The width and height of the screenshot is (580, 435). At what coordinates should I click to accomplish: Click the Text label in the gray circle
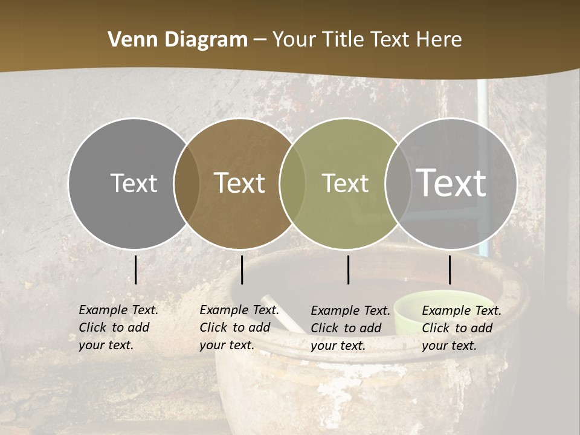[134, 183]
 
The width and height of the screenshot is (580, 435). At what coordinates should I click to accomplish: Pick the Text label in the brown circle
[240, 183]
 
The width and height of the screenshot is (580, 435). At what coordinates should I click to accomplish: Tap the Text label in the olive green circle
[345, 183]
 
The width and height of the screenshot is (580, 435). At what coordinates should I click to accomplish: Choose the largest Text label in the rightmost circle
[451, 182]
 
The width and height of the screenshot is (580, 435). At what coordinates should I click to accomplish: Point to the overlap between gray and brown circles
[187, 184]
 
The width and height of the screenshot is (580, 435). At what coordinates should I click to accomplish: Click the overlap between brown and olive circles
[292, 184]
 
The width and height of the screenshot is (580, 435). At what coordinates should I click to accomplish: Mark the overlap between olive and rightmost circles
[398, 184]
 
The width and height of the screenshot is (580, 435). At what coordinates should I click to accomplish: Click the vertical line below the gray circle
[136, 269]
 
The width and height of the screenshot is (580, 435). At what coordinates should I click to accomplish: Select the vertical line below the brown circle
[242, 269]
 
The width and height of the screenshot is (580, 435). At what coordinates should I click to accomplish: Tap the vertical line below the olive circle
[348, 269]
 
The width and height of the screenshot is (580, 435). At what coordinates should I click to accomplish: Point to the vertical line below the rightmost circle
[449, 269]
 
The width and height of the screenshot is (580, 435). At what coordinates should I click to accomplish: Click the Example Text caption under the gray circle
[118, 327]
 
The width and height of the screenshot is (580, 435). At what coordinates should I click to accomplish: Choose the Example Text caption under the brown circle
[239, 327]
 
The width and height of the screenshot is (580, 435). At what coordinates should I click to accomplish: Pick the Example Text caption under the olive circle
[350, 328]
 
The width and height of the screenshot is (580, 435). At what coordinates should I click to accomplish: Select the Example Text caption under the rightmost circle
[461, 328]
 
